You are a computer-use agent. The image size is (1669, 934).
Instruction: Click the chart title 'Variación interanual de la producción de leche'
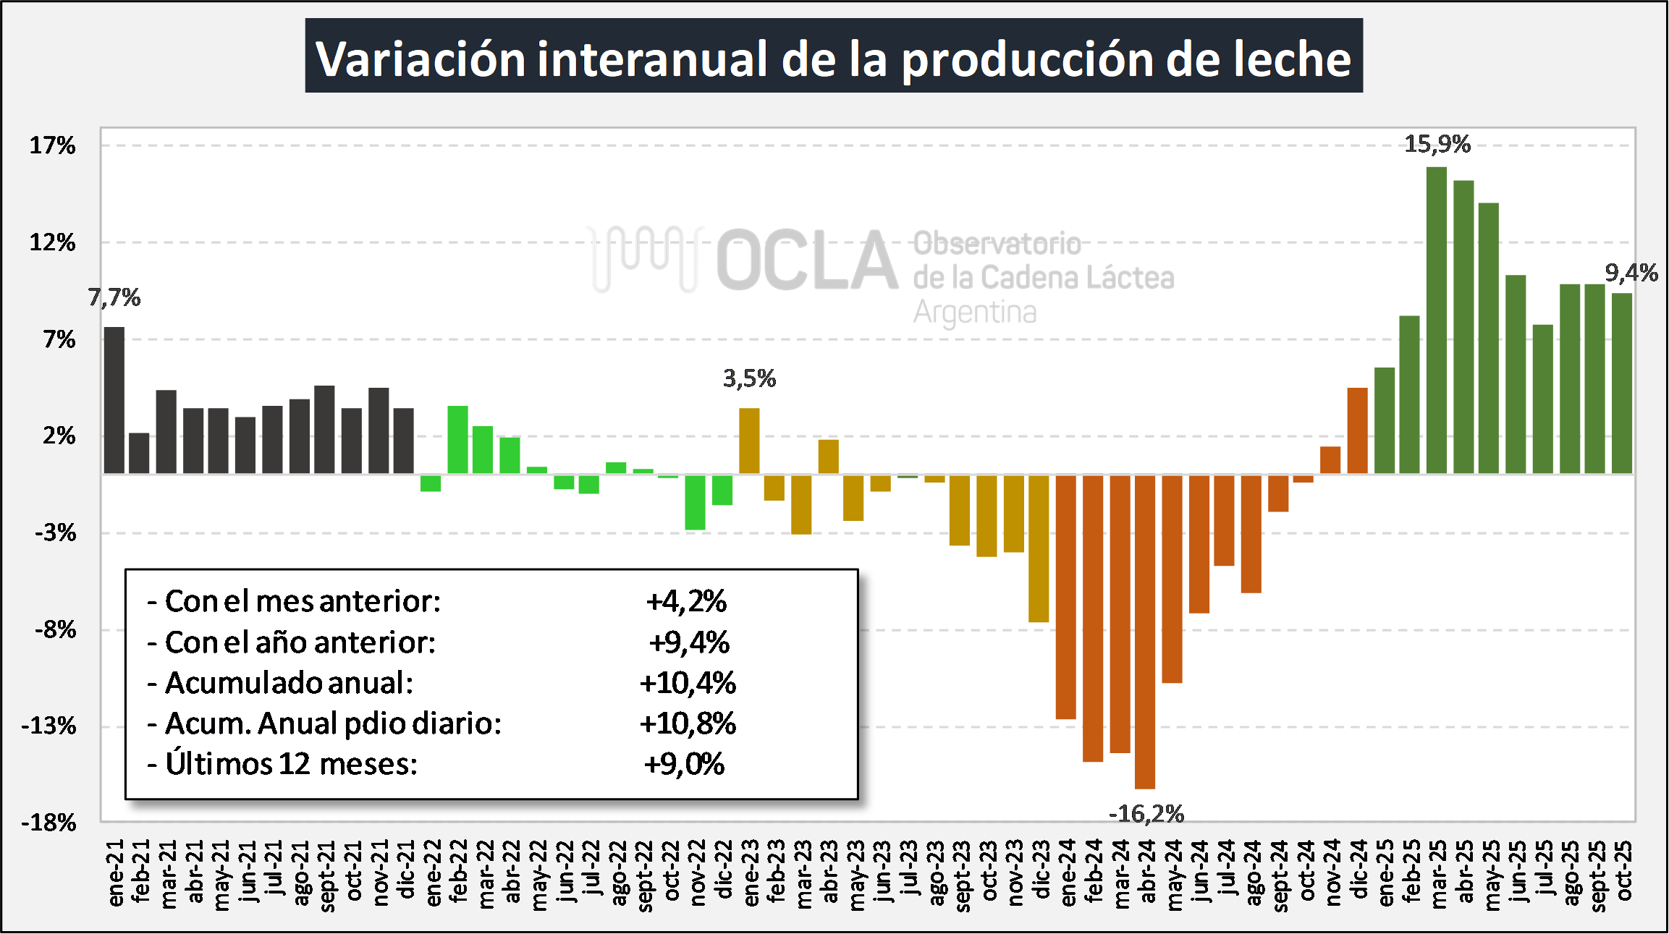(834, 57)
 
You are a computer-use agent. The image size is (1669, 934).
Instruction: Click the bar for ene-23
(749, 441)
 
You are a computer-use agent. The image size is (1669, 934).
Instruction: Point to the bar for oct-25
(1622, 383)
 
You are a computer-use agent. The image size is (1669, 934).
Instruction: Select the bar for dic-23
(1039, 548)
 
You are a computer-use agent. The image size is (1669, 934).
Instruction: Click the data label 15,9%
(1437, 144)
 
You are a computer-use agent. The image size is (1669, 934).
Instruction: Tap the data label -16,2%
(1146, 814)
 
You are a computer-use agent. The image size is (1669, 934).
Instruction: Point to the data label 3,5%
(749, 378)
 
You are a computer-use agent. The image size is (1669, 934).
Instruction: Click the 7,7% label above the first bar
(114, 297)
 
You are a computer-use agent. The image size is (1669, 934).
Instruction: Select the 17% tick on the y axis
(52, 145)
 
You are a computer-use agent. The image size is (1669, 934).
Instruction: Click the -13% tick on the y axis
(49, 726)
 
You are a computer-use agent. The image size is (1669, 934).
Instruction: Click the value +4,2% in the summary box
(686, 601)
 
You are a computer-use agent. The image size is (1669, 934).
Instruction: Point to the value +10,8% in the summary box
(688, 723)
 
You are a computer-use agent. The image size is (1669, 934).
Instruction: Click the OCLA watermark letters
(807, 260)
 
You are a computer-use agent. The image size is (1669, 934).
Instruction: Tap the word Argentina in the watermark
(975, 313)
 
